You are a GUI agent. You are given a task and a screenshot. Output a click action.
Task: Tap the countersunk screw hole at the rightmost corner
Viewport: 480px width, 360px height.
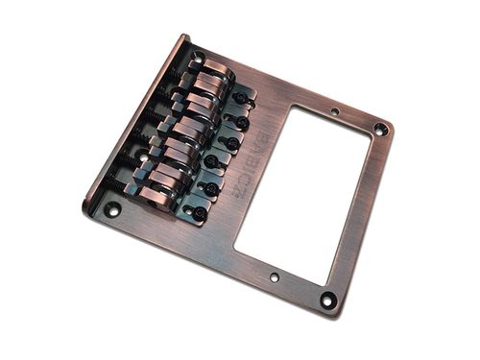point(381,128)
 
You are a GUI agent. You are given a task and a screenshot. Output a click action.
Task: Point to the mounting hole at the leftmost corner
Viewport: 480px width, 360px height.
point(113,208)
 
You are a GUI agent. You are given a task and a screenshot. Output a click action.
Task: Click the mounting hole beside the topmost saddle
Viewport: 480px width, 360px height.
point(197,60)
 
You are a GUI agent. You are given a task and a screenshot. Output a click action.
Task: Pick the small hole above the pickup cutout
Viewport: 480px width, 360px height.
point(335,112)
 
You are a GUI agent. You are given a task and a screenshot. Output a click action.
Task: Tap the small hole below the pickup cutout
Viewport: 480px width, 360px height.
point(275,276)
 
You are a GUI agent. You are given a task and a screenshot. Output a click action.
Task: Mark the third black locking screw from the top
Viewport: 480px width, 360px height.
point(228,143)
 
